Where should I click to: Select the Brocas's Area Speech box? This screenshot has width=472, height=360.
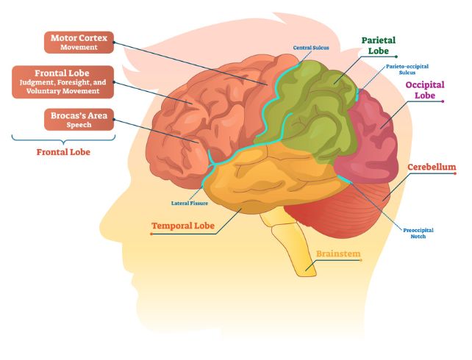coord(79,120)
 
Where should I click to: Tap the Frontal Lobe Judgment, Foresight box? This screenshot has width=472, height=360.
coord(63,82)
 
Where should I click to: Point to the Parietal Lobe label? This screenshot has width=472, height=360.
coord(379,46)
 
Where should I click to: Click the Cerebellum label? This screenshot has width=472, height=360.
coord(432,167)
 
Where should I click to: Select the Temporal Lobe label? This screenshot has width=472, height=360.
coord(183,226)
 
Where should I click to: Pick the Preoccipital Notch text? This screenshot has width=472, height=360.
coord(418,233)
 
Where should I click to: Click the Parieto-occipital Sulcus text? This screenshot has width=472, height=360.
coord(404,70)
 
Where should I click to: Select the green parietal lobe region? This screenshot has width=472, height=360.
coord(309,110)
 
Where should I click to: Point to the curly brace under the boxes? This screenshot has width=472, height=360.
coord(64,138)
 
